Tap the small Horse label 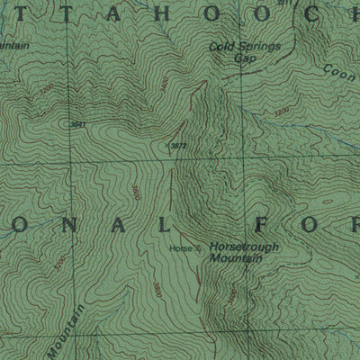(x=177, y=247)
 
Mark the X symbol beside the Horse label (x=199, y=248)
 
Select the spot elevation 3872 (x=177, y=145)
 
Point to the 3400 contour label (x=162, y=85)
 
